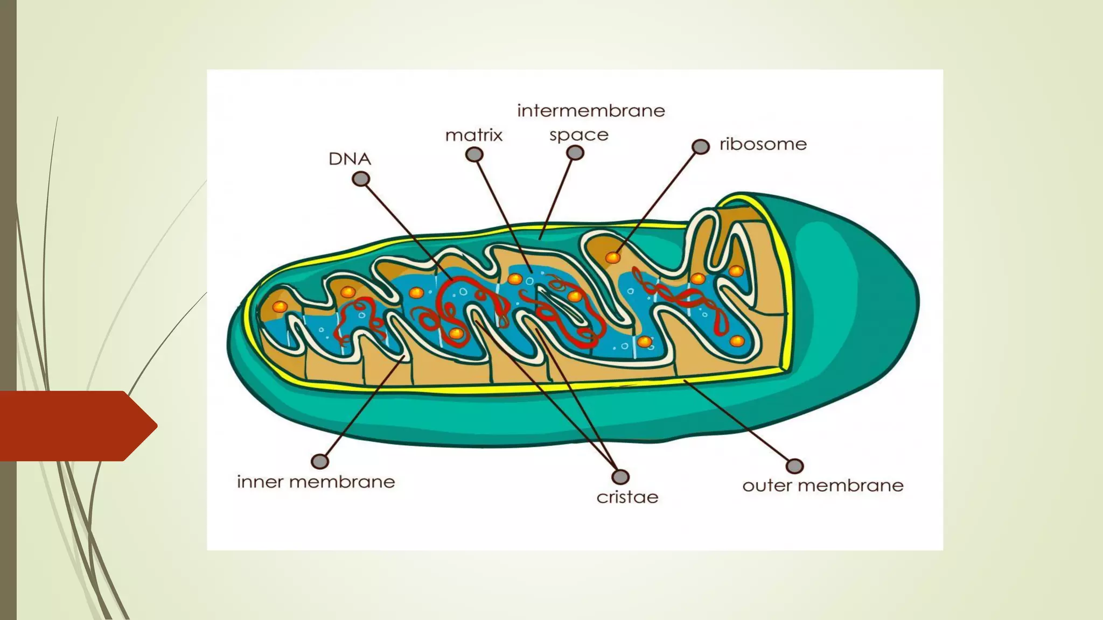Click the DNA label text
[x=350, y=159]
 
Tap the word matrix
[x=473, y=135]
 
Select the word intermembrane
[x=591, y=111]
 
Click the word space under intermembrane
[x=578, y=135]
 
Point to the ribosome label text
[x=763, y=144]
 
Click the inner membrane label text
[x=316, y=482]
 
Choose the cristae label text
[x=627, y=497]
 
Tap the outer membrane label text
[x=822, y=485]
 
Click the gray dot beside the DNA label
[x=361, y=179]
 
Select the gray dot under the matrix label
[x=474, y=155]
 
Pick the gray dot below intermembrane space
[x=575, y=153]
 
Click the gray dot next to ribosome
[x=700, y=146]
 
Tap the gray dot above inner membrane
[x=320, y=461]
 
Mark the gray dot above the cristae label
[x=620, y=477]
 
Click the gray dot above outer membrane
[x=794, y=466]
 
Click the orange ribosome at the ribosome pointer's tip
[x=613, y=257]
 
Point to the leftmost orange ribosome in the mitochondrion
[x=280, y=307]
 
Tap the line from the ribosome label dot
[x=657, y=201]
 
